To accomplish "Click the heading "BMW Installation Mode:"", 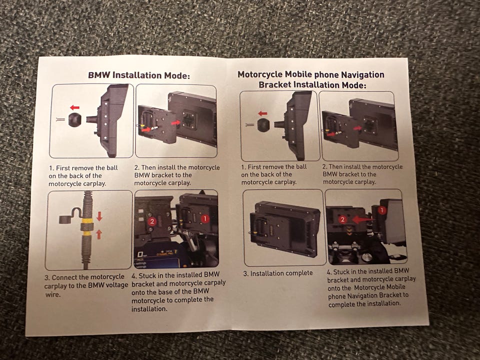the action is pyautogui.click(x=138, y=75).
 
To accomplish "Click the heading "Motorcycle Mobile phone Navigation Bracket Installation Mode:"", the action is pyautogui.click(x=311, y=79).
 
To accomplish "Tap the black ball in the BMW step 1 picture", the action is pyautogui.click(x=74, y=119).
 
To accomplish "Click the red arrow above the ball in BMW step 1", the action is pyautogui.click(x=74, y=107).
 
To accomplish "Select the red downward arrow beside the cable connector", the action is pyautogui.click(x=99, y=216).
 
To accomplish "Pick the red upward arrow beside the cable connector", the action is pyautogui.click(x=99, y=235).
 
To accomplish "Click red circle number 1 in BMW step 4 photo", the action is pyautogui.click(x=205, y=218).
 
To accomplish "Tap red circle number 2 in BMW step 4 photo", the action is pyautogui.click(x=152, y=221).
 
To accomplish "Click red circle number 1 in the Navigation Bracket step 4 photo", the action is pyautogui.click(x=381, y=210).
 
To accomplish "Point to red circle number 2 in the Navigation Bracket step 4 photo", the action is pyautogui.click(x=343, y=219).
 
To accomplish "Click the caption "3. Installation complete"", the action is pyautogui.click(x=278, y=273).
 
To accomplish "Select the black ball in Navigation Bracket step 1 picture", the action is pyautogui.click(x=263, y=125).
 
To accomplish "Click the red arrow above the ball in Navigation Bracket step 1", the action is pyautogui.click(x=262, y=113).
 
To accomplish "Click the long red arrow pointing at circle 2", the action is pyautogui.click(x=362, y=219).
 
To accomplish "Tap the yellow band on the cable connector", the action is pyautogui.click(x=87, y=220).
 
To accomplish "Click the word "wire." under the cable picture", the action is pyautogui.click(x=52, y=294).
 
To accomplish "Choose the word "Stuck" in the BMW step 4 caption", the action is pyautogui.click(x=148, y=275).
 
